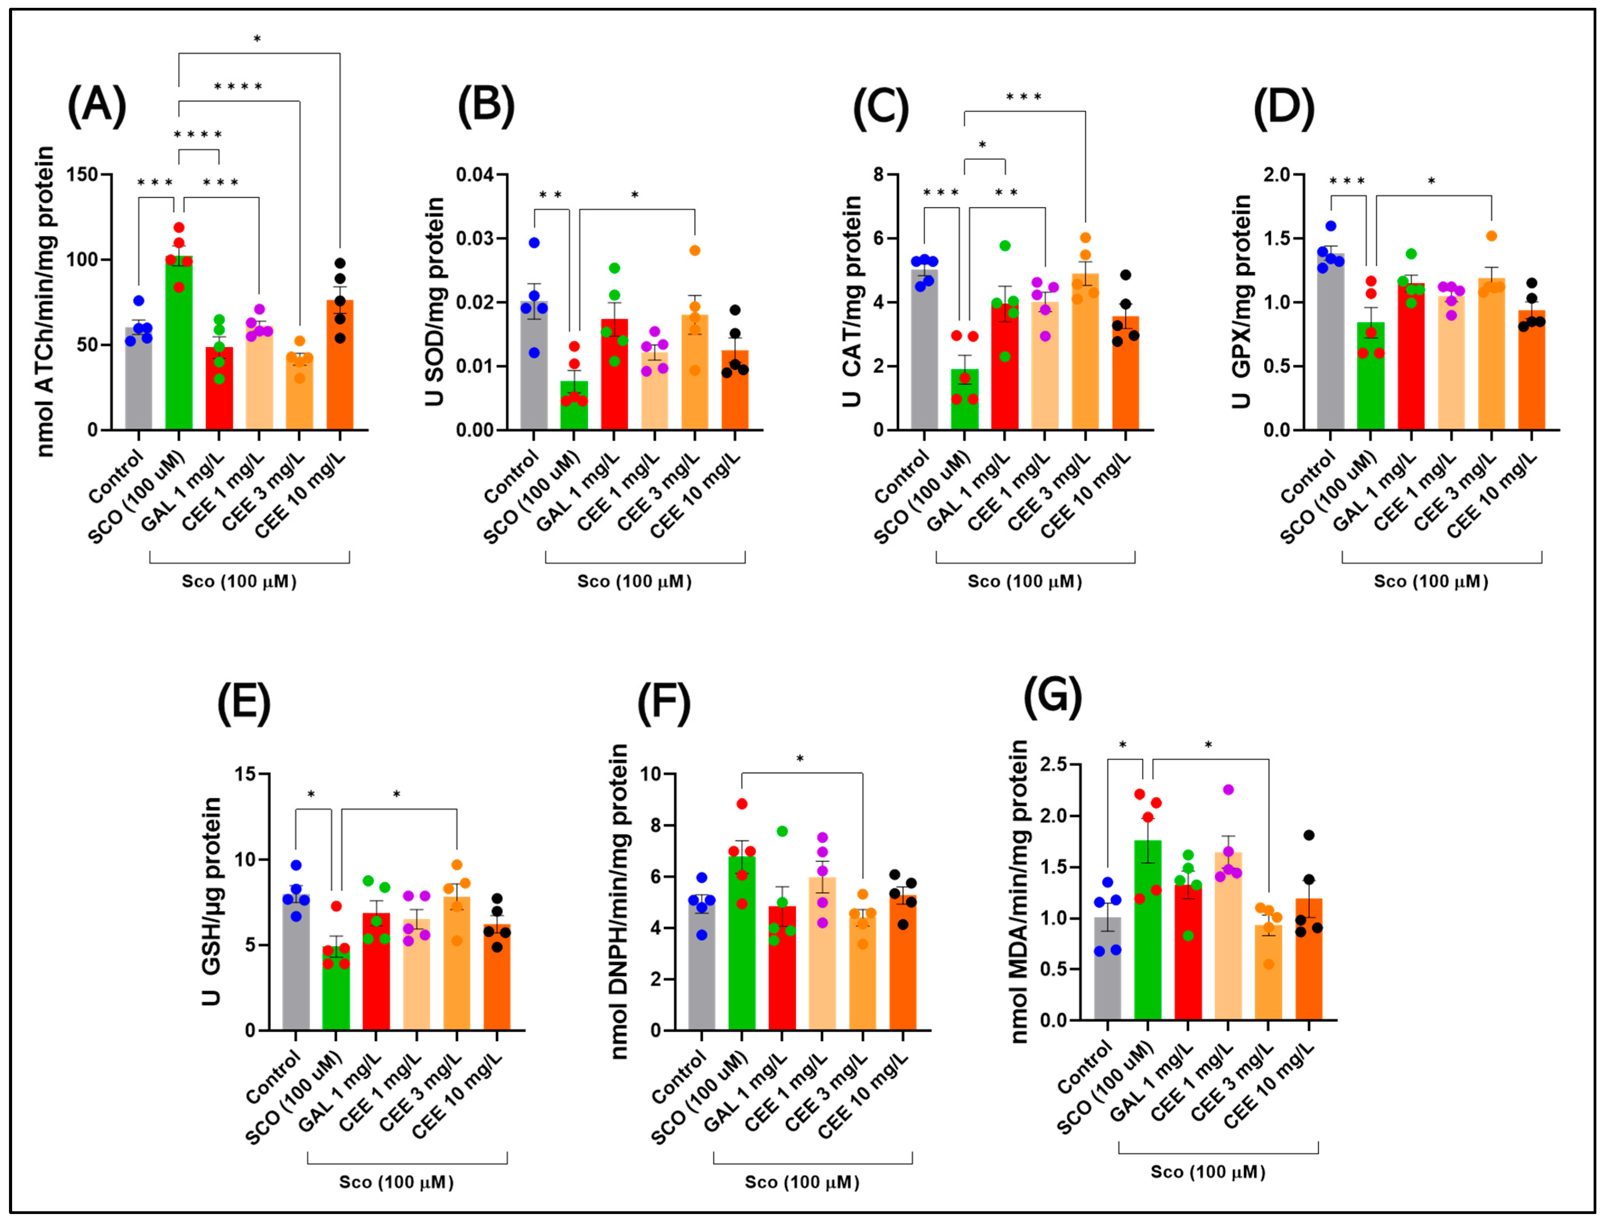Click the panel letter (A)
(x=97, y=106)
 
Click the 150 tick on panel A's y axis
(x=82, y=175)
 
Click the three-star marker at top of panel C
(x=1024, y=97)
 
